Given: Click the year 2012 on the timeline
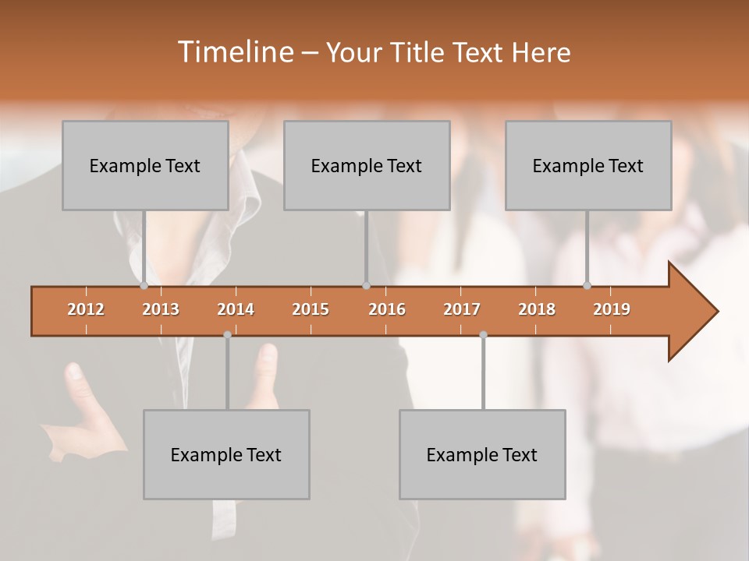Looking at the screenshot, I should tap(86, 309).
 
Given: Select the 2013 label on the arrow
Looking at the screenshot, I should tap(161, 309).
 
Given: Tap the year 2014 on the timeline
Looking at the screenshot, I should tap(236, 309).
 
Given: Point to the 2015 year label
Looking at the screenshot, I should tap(311, 309).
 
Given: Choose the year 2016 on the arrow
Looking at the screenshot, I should tap(387, 309).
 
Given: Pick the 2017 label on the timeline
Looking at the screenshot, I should tap(462, 309).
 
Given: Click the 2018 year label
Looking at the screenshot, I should tap(537, 309).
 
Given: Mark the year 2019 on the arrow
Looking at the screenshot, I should tap(612, 309).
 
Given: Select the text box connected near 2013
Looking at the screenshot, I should tap(145, 165).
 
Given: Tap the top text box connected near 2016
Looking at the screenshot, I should tap(367, 165).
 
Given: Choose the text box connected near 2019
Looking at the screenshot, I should tap(588, 165).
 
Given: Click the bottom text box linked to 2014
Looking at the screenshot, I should tap(226, 454).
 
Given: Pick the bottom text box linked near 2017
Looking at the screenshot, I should tap(482, 454).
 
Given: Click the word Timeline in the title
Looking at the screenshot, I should tap(234, 52).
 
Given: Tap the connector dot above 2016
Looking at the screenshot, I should tap(366, 286).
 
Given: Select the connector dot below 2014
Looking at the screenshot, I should tap(227, 334).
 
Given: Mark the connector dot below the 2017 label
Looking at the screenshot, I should tap(483, 334).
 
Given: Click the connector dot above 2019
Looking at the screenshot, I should tap(587, 286).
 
